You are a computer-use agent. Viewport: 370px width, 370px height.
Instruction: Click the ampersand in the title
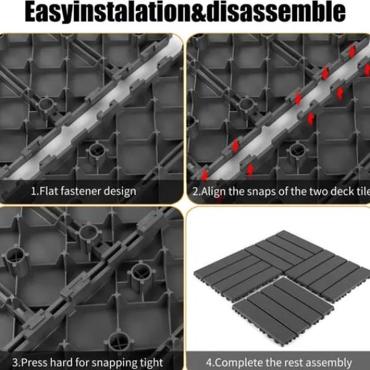pos(199,12)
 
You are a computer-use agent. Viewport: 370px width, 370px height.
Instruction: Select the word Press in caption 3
pos(35,362)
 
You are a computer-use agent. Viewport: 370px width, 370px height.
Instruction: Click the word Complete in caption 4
pos(239,363)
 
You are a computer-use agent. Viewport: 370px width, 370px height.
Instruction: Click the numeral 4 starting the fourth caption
pos(209,363)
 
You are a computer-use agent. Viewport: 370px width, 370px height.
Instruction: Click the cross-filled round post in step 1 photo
pos(97,152)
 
